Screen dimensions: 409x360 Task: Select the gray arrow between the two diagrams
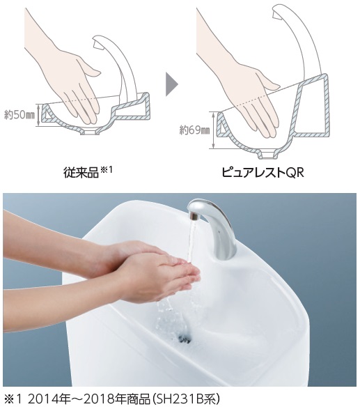(171, 83)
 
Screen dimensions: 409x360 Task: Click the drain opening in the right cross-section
(268, 152)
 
